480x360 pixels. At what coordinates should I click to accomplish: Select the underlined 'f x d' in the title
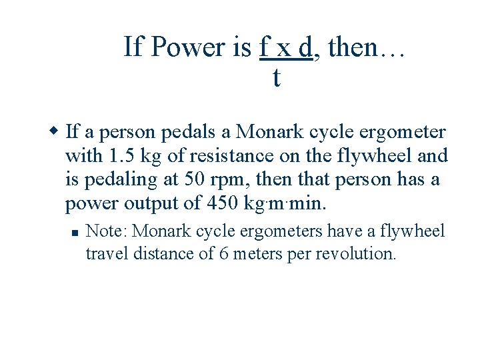[x=285, y=47]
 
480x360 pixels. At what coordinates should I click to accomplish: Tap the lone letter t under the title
[x=276, y=78]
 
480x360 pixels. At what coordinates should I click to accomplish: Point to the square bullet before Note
[x=75, y=233]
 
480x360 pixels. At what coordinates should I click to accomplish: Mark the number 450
[x=222, y=203]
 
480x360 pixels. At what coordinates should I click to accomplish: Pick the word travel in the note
[x=104, y=253]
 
